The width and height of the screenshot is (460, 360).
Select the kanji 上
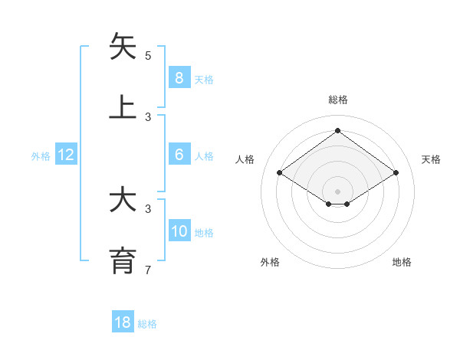pyautogui.click(x=123, y=107)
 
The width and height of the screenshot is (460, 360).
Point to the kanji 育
pyautogui.click(x=123, y=260)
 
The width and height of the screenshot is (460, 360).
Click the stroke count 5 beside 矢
pyautogui.click(x=148, y=56)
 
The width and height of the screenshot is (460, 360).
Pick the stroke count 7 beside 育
pyautogui.click(x=148, y=270)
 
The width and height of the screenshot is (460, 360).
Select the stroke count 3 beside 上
pyautogui.click(x=148, y=117)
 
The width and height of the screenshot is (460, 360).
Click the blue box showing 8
pyautogui.click(x=179, y=77)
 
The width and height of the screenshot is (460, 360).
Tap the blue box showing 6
pyautogui.click(x=179, y=155)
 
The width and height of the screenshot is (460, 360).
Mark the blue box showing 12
pyautogui.click(x=66, y=155)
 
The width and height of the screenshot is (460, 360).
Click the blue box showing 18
pyautogui.click(x=123, y=322)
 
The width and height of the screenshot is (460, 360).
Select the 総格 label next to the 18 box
pyautogui.click(x=147, y=324)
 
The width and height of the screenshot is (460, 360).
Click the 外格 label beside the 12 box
pyautogui.click(x=41, y=156)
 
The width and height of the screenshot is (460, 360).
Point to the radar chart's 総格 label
pyautogui.click(x=337, y=100)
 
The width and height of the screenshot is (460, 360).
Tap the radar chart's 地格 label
pyautogui.click(x=402, y=262)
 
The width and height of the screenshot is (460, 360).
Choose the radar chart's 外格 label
pyautogui.click(x=270, y=262)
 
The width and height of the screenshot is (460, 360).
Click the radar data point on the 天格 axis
pyautogui.click(x=396, y=173)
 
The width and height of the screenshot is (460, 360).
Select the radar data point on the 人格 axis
pyautogui.click(x=279, y=173)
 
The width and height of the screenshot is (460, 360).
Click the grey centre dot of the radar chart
pyautogui.click(x=337, y=191)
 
